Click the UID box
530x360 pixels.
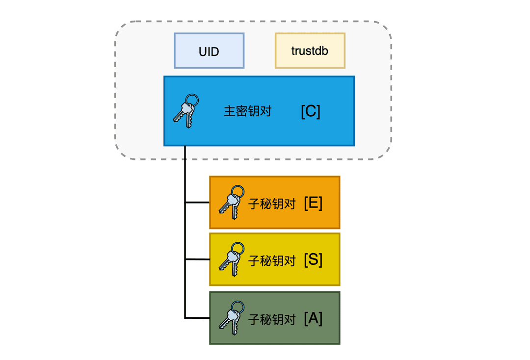[x=209, y=51]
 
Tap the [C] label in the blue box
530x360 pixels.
[x=311, y=111]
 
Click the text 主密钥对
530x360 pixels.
[x=247, y=111]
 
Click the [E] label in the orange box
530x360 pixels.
[x=313, y=203]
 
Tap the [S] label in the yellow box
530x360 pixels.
[x=313, y=259]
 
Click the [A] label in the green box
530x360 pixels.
[x=313, y=318]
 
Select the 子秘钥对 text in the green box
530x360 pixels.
[x=272, y=320]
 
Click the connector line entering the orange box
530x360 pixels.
[x=197, y=202]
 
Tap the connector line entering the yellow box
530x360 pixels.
[x=197, y=259]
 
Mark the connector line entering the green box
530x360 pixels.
[x=197, y=318]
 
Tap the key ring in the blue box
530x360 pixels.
[x=192, y=100]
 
